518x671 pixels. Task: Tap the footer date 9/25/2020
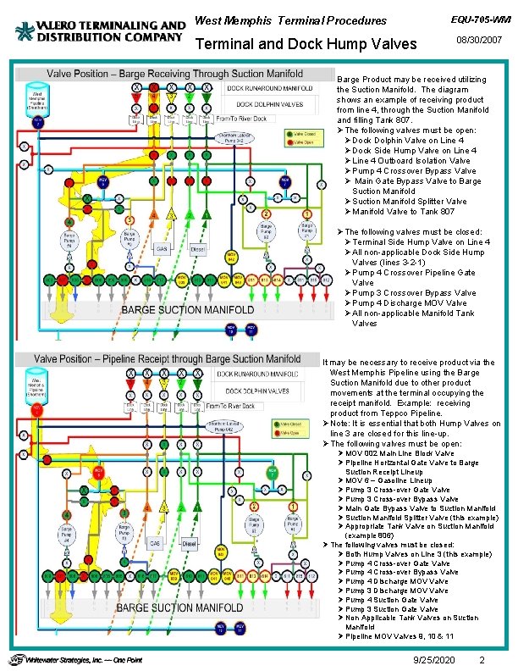tap(432, 659)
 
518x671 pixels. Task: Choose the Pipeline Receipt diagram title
tap(167, 359)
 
